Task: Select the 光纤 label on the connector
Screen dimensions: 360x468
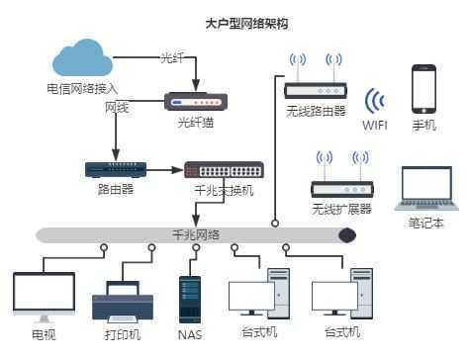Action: tap(173, 58)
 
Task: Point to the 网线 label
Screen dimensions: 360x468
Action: tap(117, 107)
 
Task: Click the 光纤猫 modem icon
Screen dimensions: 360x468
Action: tap(195, 101)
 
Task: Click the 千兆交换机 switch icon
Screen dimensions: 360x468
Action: tap(223, 169)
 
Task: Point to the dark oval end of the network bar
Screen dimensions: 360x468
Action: tap(346, 235)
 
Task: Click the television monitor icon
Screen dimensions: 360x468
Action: tap(44, 295)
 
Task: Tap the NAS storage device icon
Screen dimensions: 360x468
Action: tap(190, 296)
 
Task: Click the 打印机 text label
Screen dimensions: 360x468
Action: tap(122, 334)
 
